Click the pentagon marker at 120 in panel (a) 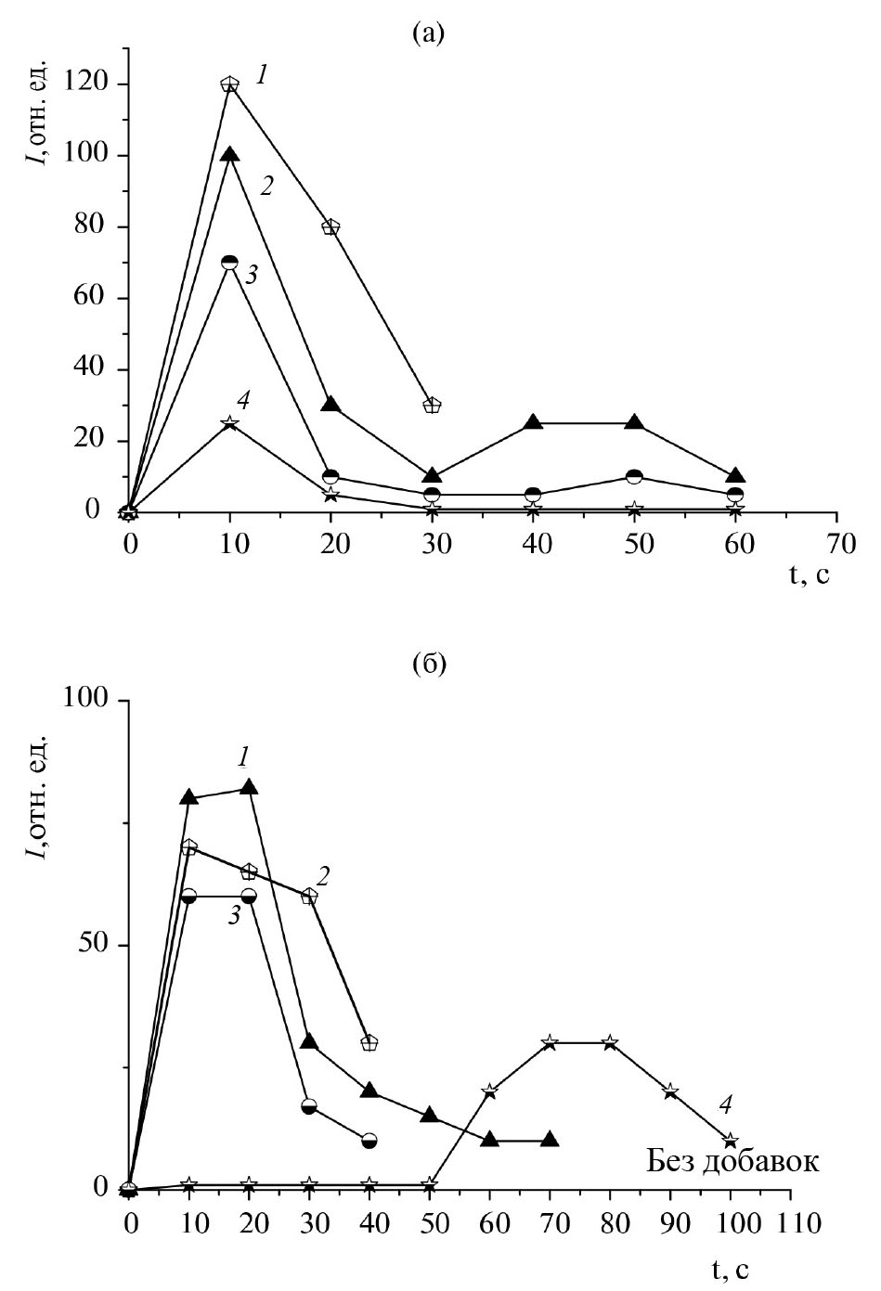point(229,84)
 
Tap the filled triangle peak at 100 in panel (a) point(229,155)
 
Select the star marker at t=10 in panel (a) point(229,423)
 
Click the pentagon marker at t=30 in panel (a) point(432,405)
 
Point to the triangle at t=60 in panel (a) point(735,476)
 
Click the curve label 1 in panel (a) point(264,76)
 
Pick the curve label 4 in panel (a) point(243,401)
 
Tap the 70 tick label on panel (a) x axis point(837,542)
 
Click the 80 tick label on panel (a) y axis point(89,226)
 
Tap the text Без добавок point(732,1161)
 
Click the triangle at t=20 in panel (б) point(249,787)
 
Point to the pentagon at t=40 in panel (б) point(369,1042)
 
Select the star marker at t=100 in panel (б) point(731,1140)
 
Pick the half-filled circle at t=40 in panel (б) point(369,1140)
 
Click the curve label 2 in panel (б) point(324,874)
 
